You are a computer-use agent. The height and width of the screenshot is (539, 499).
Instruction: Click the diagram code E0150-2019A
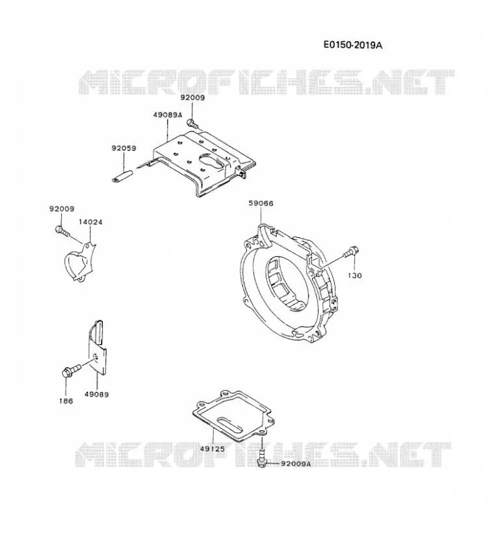[x=353, y=45]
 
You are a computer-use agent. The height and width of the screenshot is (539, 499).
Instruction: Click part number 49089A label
[x=167, y=115]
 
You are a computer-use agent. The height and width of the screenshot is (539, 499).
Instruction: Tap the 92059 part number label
[x=124, y=148]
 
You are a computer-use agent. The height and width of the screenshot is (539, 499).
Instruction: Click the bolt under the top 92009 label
[x=193, y=124]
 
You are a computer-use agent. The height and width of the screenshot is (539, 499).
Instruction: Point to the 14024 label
[x=91, y=222]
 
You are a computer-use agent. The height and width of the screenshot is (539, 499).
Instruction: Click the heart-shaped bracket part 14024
[x=80, y=263]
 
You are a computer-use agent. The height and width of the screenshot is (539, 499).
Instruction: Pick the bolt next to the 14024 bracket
[x=63, y=231]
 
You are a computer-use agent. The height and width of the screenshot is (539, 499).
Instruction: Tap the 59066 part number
[x=261, y=203]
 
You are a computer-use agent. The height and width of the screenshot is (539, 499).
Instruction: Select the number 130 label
[x=355, y=276]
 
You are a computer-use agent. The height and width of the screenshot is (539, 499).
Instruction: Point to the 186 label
[x=66, y=401]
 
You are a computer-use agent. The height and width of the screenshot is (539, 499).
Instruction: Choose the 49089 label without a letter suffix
[x=97, y=394]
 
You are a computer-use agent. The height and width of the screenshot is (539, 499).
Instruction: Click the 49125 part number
[x=213, y=449]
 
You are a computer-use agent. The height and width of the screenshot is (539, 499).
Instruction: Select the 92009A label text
[x=296, y=464]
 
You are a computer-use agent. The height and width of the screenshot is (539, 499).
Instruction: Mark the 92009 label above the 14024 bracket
[x=62, y=209]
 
